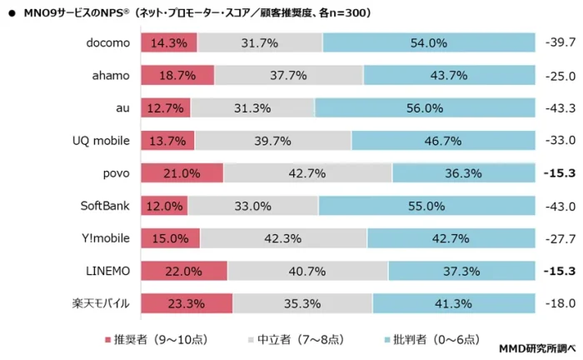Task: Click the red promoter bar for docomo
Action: tap(169, 42)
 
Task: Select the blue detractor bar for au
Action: tap(425, 107)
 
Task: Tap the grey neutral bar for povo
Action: tap(307, 173)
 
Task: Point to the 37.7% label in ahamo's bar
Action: tap(288, 75)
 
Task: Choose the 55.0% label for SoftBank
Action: tap(426, 206)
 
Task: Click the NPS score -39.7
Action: tap(560, 42)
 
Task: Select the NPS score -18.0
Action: tap(560, 304)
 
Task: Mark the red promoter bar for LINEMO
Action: tap(183, 272)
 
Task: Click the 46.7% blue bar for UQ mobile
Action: tap(443, 141)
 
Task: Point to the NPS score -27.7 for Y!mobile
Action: tap(560, 238)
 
